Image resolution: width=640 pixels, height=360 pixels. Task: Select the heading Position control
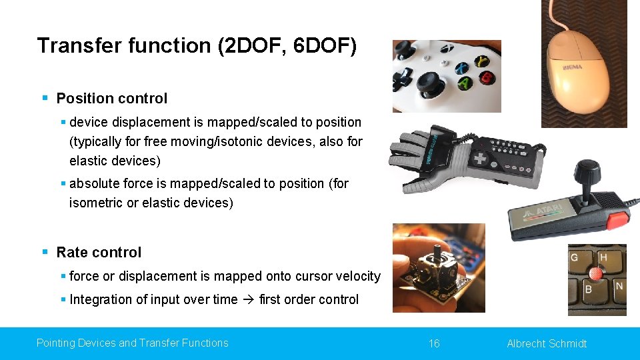pyautogui.click(x=111, y=99)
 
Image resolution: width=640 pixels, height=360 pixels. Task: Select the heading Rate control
pyautogui.click(x=99, y=253)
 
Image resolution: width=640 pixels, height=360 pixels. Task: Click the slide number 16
pyautogui.click(x=434, y=343)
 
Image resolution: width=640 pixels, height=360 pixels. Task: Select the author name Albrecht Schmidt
pyautogui.click(x=547, y=343)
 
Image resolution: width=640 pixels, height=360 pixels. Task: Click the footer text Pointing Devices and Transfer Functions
pyautogui.click(x=132, y=343)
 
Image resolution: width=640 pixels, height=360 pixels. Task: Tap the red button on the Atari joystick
pyautogui.click(x=617, y=221)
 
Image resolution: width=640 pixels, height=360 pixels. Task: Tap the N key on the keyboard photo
pyautogui.click(x=619, y=287)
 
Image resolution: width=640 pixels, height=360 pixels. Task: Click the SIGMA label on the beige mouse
pyautogui.click(x=571, y=66)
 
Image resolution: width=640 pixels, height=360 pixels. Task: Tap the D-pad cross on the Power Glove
pyautogui.click(x=480, y=159)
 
